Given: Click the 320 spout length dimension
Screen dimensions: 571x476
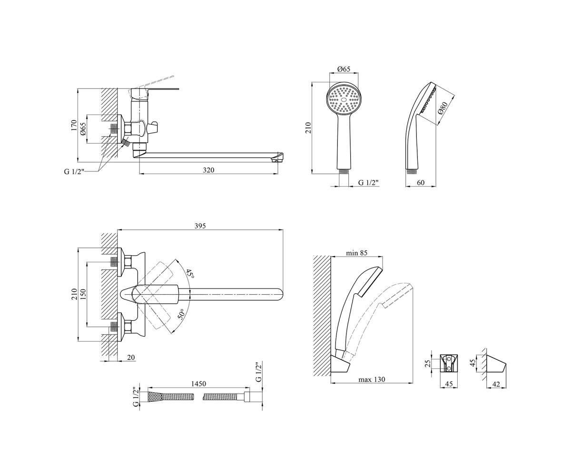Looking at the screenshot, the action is coord(208,170).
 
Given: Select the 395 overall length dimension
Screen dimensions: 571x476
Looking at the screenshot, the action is coord(200,226).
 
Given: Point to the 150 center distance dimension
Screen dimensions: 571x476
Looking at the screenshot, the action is coord(83,294).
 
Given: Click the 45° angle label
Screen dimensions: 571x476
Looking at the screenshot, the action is coord(190,274).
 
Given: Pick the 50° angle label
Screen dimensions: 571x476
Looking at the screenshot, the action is coord(182,314).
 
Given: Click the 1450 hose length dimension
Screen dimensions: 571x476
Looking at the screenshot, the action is coord(198,384).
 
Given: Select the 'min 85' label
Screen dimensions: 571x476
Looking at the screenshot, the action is coord(356,253).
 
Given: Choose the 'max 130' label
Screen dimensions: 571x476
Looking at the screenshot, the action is coord(372,379).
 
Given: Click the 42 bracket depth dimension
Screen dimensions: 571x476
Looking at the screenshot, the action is coord(496,384).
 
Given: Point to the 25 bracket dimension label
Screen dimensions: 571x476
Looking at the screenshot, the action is coord(428,363).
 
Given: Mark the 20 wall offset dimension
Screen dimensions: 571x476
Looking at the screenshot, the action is coord(131,357).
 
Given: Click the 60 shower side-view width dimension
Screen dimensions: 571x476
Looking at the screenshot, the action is coord(421,182).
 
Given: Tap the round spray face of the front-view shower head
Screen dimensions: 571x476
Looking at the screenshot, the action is coord(344,99).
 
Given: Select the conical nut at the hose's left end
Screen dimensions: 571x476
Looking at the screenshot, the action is coord(155,397).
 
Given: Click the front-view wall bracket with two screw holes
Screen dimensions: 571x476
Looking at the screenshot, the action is coord(449,363).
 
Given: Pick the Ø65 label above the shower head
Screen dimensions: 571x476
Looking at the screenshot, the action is coord(344,69).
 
